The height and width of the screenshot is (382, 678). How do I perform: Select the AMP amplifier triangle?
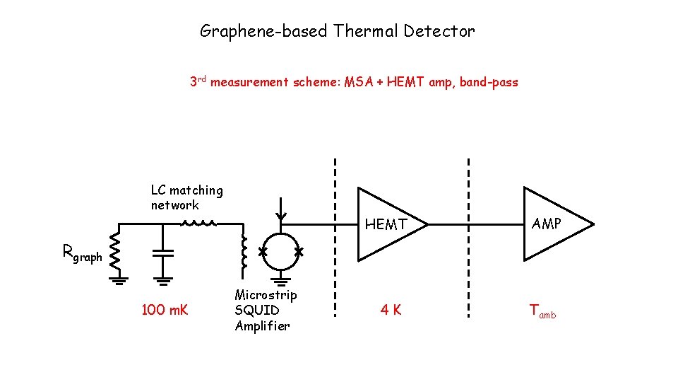tap(552, 224)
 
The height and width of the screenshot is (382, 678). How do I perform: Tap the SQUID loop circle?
tap(280, 252)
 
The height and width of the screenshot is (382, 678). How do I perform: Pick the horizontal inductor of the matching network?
tap(198, 224)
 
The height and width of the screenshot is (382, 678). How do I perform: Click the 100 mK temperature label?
tap(165, 310)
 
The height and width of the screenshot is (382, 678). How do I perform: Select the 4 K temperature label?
tap(391, 310)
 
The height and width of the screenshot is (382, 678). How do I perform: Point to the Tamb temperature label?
tap(542, 311)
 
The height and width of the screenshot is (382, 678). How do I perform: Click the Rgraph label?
tap(82, 253)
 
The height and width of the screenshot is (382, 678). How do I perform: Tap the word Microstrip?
tap(266, 295)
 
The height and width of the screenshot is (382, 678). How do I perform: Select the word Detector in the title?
tap(444, 31)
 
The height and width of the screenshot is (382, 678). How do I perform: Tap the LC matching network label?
tap(186, 197)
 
